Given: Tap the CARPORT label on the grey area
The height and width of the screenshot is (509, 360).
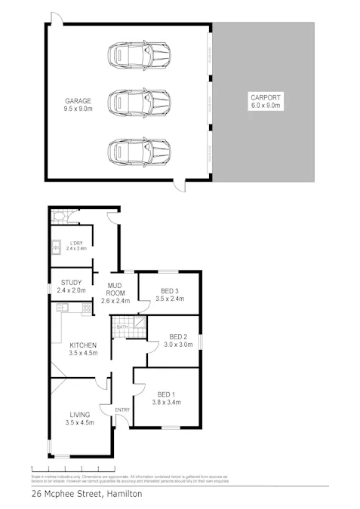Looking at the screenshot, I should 265,98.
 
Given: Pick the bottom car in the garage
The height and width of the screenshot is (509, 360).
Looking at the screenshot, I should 139,150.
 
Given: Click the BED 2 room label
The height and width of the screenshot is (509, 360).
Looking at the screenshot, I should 179,336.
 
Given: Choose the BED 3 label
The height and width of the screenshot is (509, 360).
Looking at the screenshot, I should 170,290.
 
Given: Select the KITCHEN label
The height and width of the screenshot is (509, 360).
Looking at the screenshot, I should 83,345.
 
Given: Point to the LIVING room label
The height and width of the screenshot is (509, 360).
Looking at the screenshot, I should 79,414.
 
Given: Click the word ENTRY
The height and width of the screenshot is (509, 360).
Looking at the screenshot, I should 122,410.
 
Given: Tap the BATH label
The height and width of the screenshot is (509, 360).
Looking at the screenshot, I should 122,327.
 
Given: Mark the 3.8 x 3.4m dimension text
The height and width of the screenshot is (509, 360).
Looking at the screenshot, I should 165,403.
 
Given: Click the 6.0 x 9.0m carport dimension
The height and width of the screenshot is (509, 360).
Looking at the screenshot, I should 265,106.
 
